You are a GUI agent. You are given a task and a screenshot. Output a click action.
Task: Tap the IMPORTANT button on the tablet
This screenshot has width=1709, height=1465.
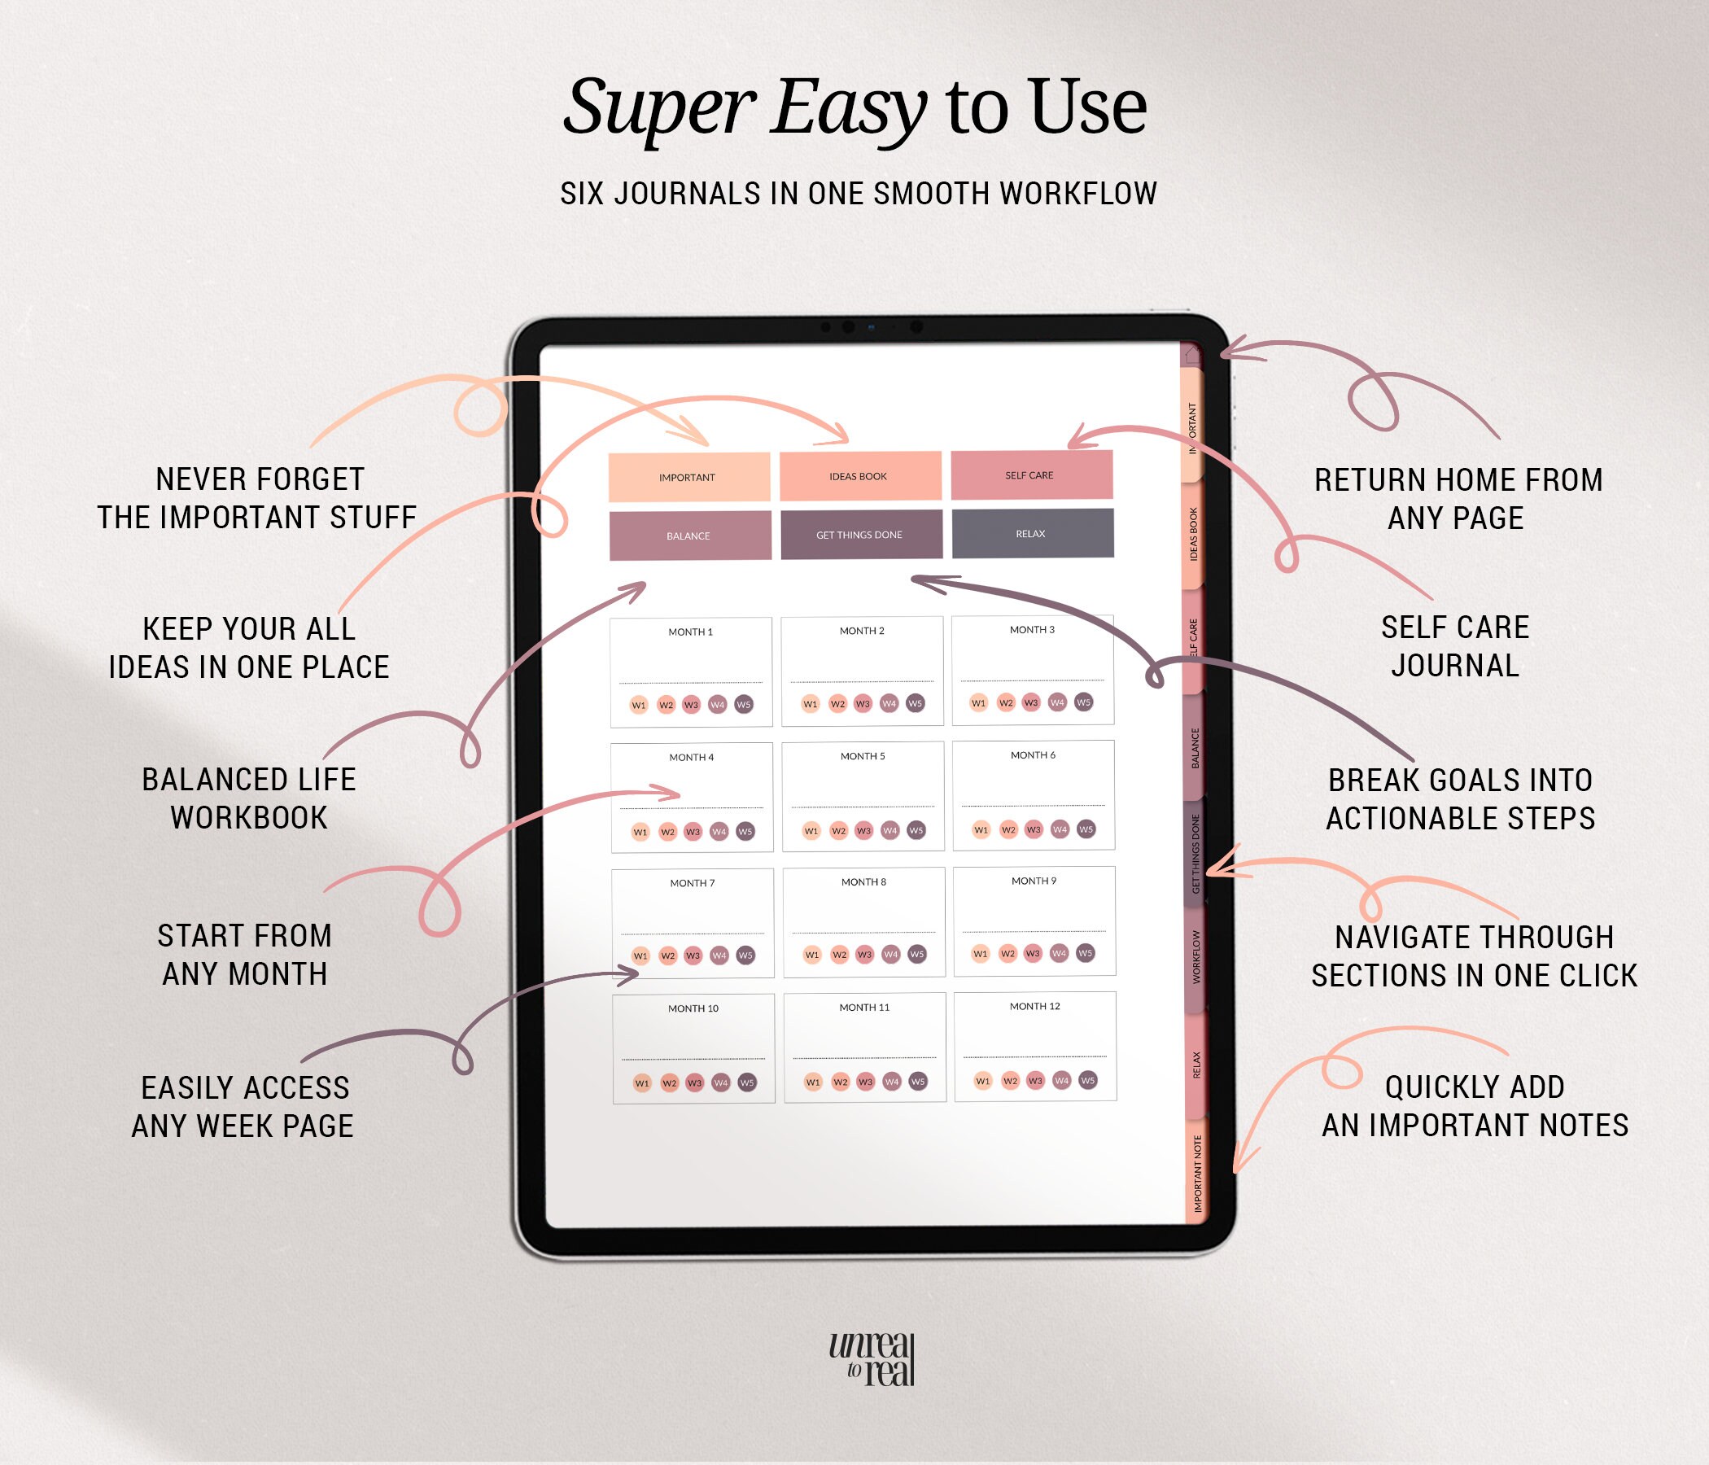688,477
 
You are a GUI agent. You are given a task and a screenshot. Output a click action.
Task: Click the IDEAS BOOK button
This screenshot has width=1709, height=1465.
859,476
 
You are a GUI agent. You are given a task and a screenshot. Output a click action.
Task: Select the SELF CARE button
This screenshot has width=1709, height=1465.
1031,475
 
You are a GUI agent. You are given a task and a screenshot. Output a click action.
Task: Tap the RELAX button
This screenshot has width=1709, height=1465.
1033,534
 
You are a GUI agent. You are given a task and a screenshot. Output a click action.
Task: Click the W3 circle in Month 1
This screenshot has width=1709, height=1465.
691,706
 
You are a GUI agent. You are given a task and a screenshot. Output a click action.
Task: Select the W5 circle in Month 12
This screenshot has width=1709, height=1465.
1088,1081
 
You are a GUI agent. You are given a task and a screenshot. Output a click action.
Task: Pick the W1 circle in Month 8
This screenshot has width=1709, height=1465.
812,955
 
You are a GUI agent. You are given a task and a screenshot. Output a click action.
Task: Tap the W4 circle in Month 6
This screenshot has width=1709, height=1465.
1060,829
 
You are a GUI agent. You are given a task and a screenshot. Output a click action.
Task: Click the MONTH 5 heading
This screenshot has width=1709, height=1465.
863,756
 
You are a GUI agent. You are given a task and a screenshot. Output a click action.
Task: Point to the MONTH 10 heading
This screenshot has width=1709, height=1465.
693,1009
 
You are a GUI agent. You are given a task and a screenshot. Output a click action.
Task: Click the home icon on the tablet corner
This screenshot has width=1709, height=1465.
1192,356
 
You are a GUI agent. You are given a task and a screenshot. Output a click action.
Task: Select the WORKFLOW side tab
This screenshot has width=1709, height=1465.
1196,958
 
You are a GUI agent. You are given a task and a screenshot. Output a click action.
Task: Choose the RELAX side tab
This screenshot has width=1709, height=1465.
1197,1064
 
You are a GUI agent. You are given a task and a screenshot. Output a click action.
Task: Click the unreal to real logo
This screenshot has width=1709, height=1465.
872,1358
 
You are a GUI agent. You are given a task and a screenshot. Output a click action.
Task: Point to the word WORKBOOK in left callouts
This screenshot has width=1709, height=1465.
249,818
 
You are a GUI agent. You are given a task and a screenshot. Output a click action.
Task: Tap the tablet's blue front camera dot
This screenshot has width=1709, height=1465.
871,327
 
